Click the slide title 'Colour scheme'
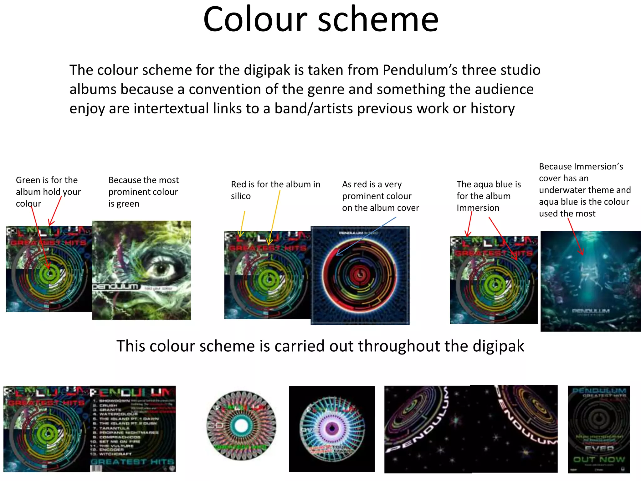tap(320, 19)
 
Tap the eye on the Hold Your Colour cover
tap(160, 269)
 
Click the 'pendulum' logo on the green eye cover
tap(115, 287)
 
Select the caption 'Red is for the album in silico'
tap(275, 190)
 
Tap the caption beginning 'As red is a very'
tap(380, 196)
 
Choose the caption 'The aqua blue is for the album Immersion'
tap(488, 196)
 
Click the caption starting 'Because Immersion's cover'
tap(584, 190)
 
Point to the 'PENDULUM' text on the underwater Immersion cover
tap(591, 311)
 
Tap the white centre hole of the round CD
tap(241, 426)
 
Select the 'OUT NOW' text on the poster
tap(599, 460)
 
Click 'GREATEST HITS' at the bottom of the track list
tap(132, 462)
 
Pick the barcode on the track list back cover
tap(96, 468)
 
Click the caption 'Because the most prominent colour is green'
tap(143, 192)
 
